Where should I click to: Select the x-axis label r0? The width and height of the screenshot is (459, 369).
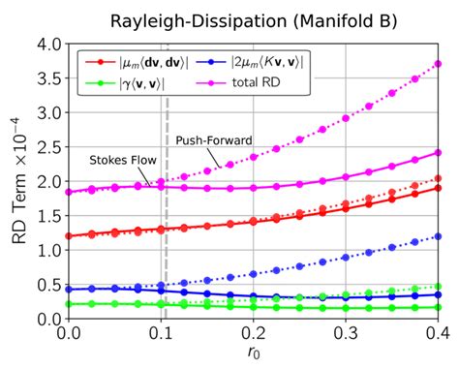253,354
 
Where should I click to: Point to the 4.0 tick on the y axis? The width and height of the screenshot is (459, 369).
48,44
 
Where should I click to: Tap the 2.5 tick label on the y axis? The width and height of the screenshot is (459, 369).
48,147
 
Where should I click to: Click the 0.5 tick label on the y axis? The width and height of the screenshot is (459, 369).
48,285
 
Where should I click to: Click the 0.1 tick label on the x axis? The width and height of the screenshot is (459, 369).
161,333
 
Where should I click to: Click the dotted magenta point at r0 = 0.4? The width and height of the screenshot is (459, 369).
438,64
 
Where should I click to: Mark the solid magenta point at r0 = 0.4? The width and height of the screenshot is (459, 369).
438,153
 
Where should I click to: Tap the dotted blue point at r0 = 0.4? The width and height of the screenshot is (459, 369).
438,235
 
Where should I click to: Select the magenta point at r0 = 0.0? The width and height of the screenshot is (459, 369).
69,193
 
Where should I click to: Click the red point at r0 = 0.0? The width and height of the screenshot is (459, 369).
69,236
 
